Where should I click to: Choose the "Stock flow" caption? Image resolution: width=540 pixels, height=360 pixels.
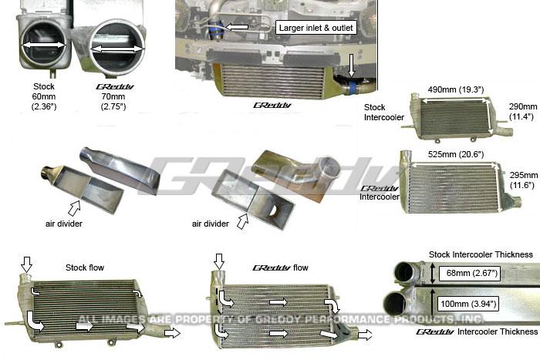click(85, 267)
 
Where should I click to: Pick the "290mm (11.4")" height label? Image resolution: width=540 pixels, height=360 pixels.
click(522, 111)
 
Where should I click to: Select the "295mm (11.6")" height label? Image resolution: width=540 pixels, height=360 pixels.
click(522, 181)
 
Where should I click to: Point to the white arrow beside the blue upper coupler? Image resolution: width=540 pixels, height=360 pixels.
click(238, 27)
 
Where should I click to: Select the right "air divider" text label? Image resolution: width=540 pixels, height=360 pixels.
click(211, 224)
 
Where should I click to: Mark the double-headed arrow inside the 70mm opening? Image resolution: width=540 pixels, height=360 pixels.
click(117, 49)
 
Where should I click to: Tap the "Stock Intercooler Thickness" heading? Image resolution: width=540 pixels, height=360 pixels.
click(481, 254)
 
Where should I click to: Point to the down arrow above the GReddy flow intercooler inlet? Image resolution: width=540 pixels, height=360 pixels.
click(220, 262)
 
